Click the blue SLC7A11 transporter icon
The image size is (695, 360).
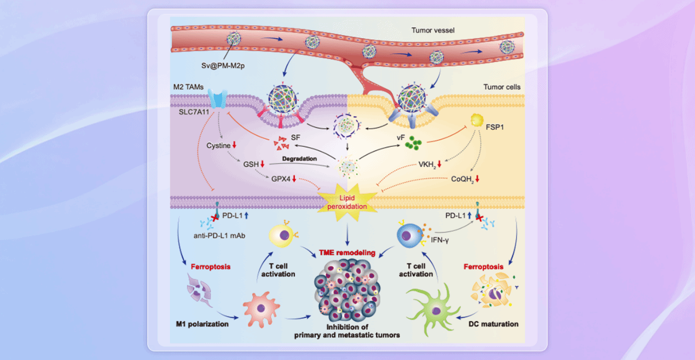click(x=219, y=99)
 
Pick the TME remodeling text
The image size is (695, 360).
click(x=348, y=253)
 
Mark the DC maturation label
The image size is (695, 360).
click(x=493, y=324)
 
